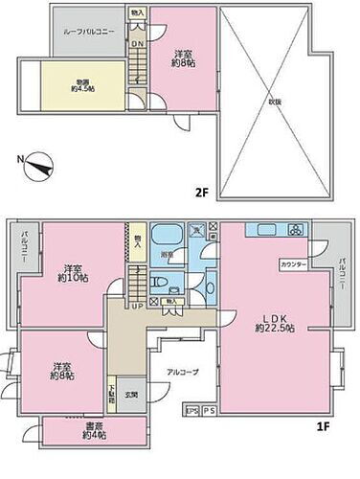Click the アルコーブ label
[183, 372]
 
